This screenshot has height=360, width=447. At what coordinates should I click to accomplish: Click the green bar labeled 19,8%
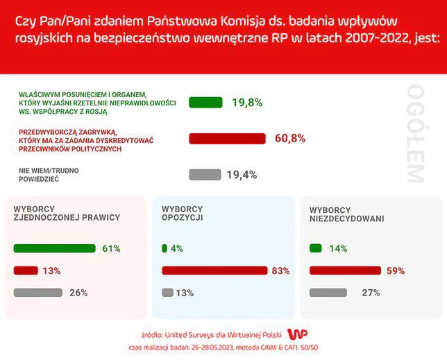pos(205,103)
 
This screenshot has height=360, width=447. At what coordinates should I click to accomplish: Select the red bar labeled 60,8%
pos(228,139)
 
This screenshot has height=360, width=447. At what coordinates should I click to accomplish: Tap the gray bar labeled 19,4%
pos(205,175)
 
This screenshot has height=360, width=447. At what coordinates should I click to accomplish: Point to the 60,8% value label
pos(290,139)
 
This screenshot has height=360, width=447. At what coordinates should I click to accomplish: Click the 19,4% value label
pos(242,175)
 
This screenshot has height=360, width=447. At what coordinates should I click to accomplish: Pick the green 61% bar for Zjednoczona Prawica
pos(54,248)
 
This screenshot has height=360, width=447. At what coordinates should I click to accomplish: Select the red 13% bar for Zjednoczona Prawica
pos(25,271)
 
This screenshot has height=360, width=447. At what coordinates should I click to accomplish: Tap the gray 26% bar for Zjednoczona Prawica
pos(37,293)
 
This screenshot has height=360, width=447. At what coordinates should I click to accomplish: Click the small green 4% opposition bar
pos(165,248)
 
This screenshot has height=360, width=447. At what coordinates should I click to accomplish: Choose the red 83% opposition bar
pos(214,271)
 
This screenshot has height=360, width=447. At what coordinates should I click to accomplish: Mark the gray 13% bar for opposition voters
pos(167,293)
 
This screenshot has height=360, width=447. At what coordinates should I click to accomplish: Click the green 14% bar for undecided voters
pos(316,248)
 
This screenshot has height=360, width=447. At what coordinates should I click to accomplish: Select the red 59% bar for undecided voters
pos(345,271)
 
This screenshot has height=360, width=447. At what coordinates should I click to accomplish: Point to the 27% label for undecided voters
pos(371,293)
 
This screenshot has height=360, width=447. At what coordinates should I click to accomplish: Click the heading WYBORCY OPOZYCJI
pos(183,213)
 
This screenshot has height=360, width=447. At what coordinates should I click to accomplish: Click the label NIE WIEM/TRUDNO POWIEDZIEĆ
pos(48,174)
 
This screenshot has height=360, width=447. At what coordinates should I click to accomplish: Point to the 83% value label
pos(281,271)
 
